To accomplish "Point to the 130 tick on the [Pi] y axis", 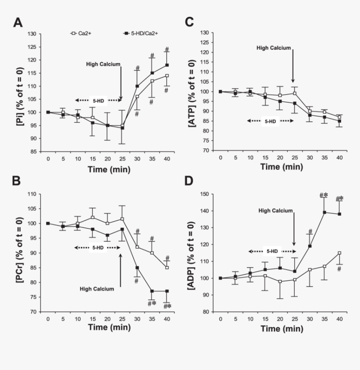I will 32,33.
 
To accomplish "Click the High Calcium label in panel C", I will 273,48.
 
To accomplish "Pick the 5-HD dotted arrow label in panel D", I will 270,252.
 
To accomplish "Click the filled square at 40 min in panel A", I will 167,65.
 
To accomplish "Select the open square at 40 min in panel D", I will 339,253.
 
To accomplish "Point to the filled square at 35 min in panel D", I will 324,212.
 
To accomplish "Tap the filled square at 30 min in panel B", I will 137,268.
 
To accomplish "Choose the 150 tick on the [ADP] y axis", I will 203,194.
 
